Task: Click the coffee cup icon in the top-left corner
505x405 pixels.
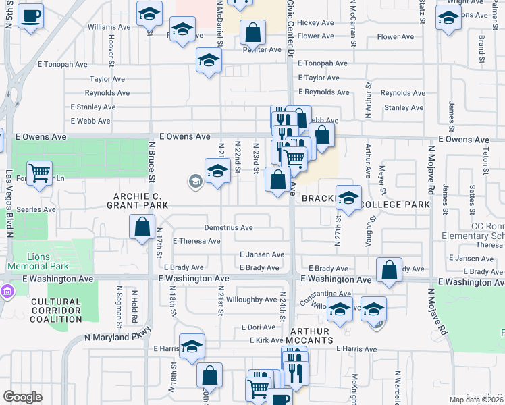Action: click(x=30, y=16)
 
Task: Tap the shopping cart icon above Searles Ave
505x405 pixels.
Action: click(x=40, y=173)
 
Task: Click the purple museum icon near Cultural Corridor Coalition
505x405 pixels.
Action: click(x=7, y=292)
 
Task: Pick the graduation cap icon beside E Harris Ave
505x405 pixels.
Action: click(x=192, y=346)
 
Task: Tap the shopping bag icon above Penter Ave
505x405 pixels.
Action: click(x=252, y=32)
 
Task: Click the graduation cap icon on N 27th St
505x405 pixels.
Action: click(x=348, y=198)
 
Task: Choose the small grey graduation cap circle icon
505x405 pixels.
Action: click(x=196, y=180)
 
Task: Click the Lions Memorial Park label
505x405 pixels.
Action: click(x=48, y=261)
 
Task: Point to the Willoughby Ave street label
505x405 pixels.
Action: click(x=252, y=299)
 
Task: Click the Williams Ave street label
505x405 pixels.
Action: click(x=109, y=27)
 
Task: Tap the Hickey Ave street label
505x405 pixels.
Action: click(x=315, y=22)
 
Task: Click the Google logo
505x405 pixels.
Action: click(x=23, y=397)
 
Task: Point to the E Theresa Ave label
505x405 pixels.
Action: click(x=196, y=241)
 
